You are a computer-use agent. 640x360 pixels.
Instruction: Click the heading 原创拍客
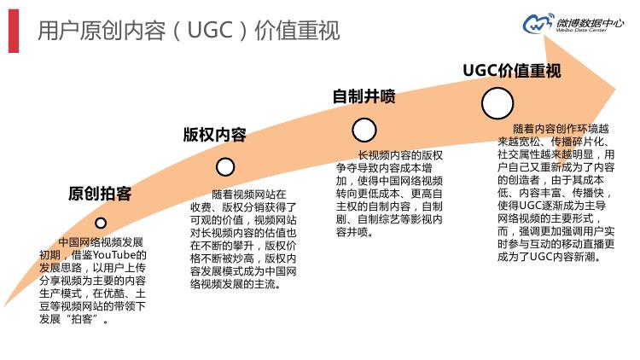tap(99, 194)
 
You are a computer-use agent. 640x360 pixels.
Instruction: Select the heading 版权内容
tap(214, 135)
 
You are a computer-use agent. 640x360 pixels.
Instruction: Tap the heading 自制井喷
tap(364, 96)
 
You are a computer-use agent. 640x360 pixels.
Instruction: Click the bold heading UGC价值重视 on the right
tap(511, 70)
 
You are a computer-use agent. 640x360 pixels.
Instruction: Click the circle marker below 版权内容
tap(225, 166)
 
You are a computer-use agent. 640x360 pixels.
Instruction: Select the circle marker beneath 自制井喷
tap(364, 130)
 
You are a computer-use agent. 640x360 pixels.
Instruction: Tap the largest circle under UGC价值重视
tap(497, 104)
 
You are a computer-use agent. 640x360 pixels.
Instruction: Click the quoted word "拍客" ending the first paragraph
tap(90, 318)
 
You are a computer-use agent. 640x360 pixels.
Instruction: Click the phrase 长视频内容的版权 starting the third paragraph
tap(400, 155)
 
